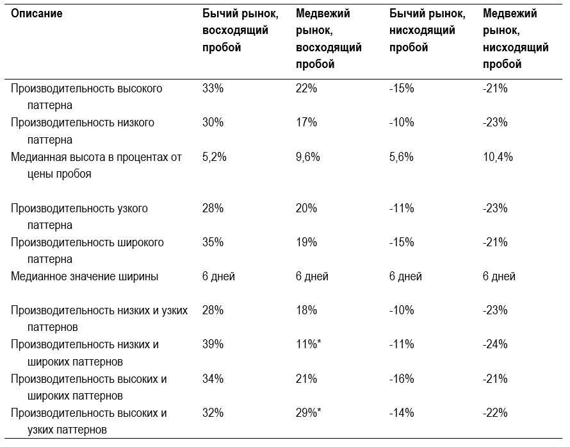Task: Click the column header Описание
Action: coord(37,14)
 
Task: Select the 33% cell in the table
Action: coord(213,89)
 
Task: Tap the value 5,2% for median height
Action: coord(214,157)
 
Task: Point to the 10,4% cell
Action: coord(498,157)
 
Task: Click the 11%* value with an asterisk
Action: coord(308,344)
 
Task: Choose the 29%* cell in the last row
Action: coord(308,413)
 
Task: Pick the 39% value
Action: coord(213,344)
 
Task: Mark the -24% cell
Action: coord(495,344)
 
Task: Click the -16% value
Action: coord(402,379)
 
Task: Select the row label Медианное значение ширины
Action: coord(85,276)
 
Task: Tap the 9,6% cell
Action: coord(308,157)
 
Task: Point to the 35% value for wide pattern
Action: coord(213,242)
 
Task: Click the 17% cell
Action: coord(306,122)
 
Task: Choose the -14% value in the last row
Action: coord(402,413)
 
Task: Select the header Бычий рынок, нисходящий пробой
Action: coord(427,31)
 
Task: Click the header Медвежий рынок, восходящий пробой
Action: coord(329,39)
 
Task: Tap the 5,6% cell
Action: coord(402,157)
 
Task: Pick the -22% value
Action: coord(495,413)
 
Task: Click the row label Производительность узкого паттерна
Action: coord(79,217)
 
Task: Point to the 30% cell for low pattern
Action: coord(213,122)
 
